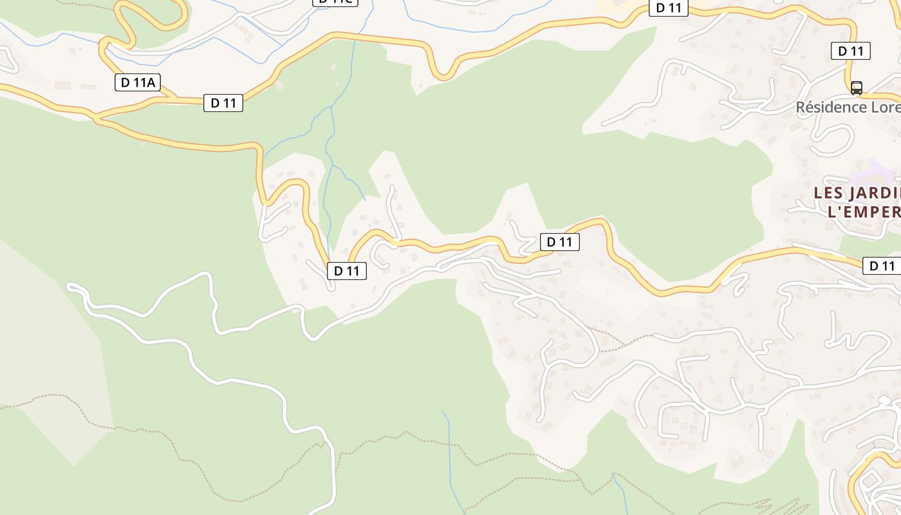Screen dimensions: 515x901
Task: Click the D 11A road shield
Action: pos(138,82)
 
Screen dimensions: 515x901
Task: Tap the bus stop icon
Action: pos(857,88)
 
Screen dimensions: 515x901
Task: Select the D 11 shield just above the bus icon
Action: pos(851,51)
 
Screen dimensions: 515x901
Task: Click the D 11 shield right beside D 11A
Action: pos(223,103)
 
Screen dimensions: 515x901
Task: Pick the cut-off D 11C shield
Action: pos(335,2)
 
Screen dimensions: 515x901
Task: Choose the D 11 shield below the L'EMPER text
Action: pos(881,266)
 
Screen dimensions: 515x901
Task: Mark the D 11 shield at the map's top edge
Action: pos(669,8)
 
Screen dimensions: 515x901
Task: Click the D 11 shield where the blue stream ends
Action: pos(347,271)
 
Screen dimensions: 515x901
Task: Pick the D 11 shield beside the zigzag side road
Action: pos(559,242)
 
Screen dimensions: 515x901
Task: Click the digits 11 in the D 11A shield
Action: pos(139,82)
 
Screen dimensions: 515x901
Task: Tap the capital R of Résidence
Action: pos(801,107)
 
